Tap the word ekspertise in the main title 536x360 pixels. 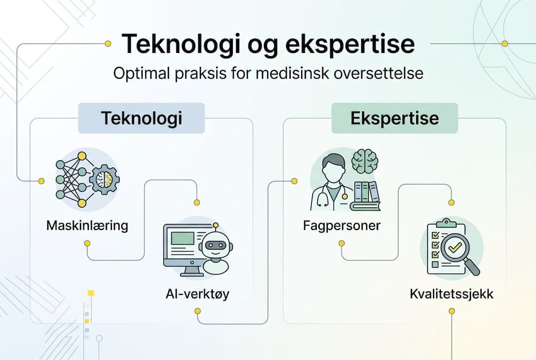pyautogui.click(x=350, y=44)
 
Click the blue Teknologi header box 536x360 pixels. pyautogui.click(x=141, y=118)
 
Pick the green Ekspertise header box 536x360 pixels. pyautogui.click(x=395, y=118)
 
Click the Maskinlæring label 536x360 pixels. pyautogui.click(x=87, y=225)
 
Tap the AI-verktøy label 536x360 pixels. pyautogui.click(x=197, y=294)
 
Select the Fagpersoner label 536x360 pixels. pyautogui.click(x=342, y=225)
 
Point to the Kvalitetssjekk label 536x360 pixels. pyautogui.click(x=451, y=294)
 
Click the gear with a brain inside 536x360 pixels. pyautogui.click(x=104, y=179)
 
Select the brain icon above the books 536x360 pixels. pyautogui.click(x=365, y=161)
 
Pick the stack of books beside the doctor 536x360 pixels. pyautogui.click(x=365, y=195)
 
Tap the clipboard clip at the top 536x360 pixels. pyautogui.click(x=446, y=222)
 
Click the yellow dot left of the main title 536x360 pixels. pyautogui.click(x=108, y=44)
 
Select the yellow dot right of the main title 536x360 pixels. pyautogui.click(x=505, y=44)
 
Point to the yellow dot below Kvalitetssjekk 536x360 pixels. pyautogui.click(x=452, y=311)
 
